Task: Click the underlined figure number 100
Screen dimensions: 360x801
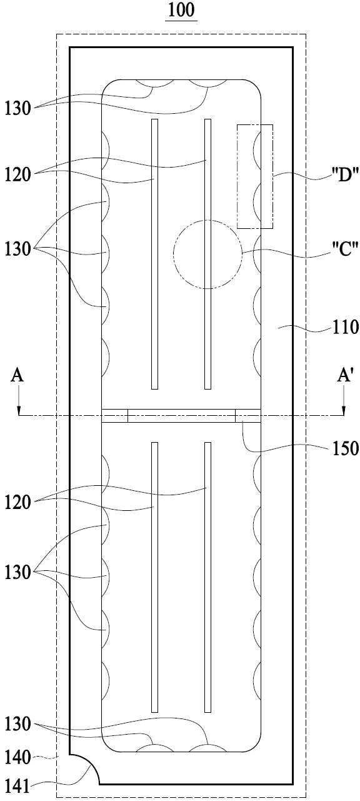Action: pos(181,10)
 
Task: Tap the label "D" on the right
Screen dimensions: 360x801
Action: pos(344,175)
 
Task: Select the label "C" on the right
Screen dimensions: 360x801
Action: pos(344,249)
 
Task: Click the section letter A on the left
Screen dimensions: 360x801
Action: pos(17,376)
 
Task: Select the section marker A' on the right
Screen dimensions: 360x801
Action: pos(344,376)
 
